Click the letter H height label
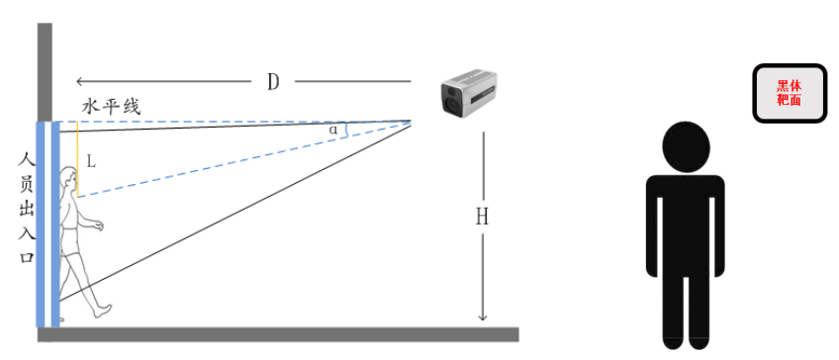[482, 217]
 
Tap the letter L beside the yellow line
[91, 160]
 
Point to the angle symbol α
[333, 129]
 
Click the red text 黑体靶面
[789, 93]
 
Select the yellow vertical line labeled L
[77, 158]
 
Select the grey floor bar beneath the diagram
[277, 334]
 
